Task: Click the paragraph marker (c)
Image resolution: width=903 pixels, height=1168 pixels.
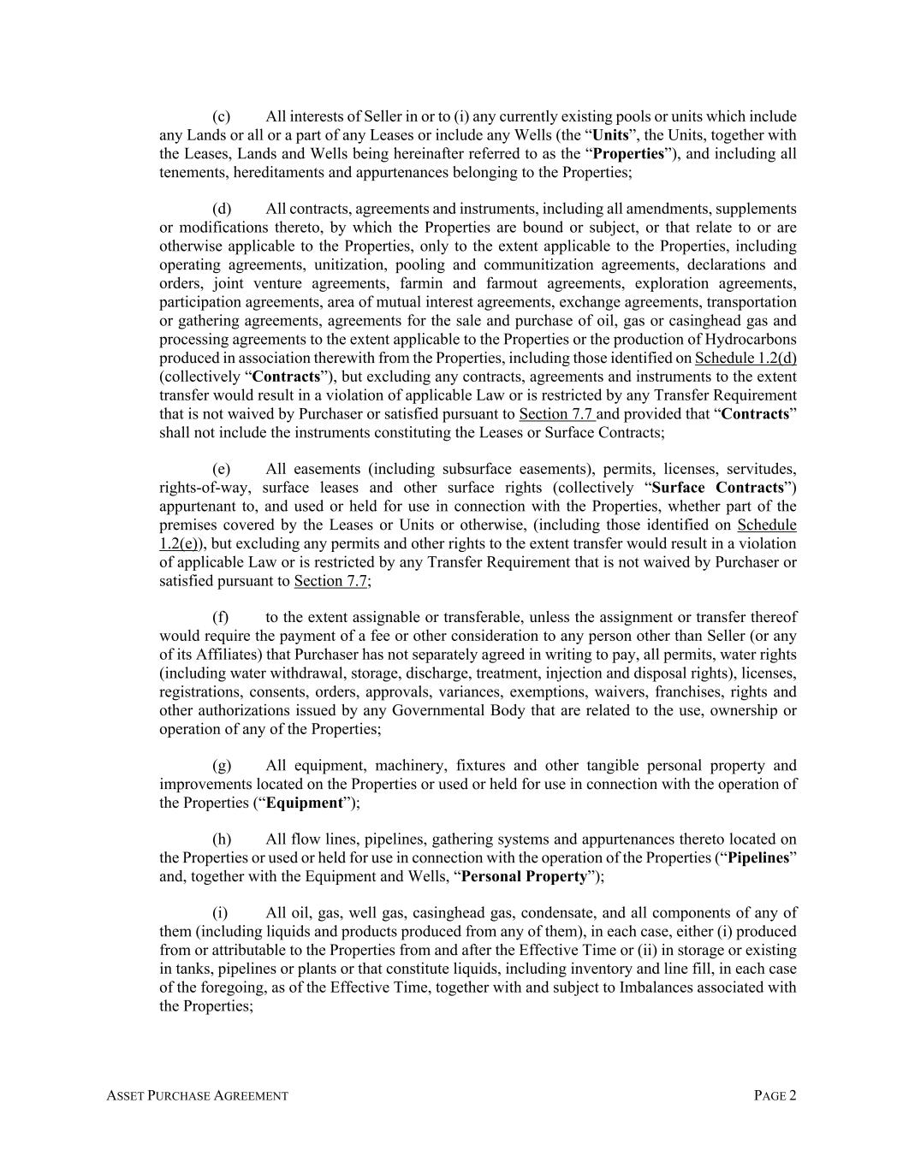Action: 221,116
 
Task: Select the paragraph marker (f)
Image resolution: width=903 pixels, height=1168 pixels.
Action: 220,617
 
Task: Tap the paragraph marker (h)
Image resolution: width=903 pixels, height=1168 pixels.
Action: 221,839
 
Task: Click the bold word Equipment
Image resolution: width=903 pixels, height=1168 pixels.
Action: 304,803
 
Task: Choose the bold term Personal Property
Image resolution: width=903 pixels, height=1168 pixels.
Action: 524,876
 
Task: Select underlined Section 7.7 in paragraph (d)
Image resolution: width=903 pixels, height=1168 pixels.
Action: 556,414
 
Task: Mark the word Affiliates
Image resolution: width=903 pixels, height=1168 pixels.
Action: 218,655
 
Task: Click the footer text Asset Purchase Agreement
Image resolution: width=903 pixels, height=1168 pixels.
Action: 198,1095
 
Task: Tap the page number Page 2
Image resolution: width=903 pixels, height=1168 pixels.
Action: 775,1095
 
